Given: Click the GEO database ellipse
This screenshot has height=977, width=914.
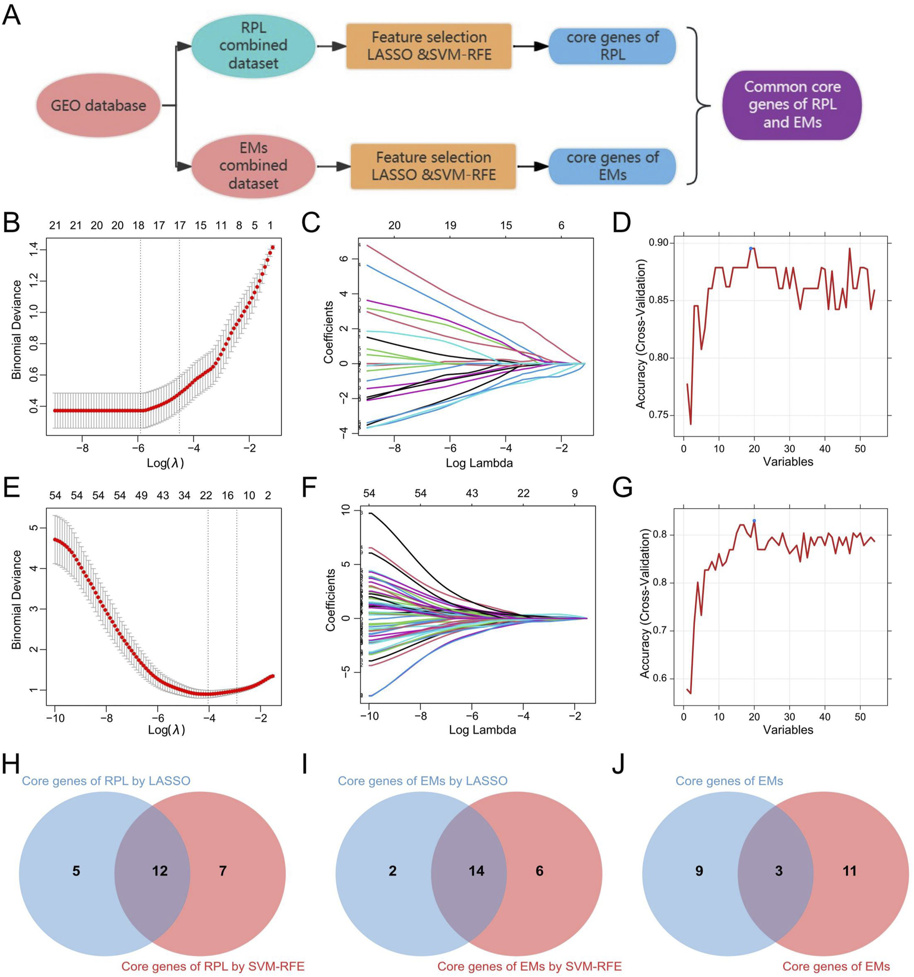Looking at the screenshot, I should pos(98,106).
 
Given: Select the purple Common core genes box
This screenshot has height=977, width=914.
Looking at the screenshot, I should pos(792,105).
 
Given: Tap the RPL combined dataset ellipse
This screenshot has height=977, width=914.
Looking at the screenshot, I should pos(253,46).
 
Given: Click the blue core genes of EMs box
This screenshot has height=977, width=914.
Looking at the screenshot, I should pos(612,166).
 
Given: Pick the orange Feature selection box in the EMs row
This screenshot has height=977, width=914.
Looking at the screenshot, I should pos(433,166).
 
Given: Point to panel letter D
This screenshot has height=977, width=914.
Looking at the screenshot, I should pos(622,222).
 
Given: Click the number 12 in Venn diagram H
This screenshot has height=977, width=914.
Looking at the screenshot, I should pos(160,871).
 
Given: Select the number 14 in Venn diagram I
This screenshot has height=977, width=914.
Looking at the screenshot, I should pos(476,871).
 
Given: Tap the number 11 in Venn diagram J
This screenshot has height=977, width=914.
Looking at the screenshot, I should pos(849,871).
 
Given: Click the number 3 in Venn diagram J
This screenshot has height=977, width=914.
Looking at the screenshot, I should pos(779,871).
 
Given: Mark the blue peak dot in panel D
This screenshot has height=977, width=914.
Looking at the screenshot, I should pos(751,249).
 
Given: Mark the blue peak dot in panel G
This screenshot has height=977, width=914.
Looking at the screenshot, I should pos(754,521).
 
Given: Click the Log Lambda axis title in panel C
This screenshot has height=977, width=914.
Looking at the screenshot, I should pos(479,463).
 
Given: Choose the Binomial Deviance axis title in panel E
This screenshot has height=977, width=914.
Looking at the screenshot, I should pos(17,599).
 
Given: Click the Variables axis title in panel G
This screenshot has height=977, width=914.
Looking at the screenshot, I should pos(788,730).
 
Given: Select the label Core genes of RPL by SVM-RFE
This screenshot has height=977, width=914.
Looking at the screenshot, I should pos(213,966).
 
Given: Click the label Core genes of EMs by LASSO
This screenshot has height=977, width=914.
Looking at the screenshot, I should pos(422,781).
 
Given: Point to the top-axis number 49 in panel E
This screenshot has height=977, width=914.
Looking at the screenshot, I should pos(141,496).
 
